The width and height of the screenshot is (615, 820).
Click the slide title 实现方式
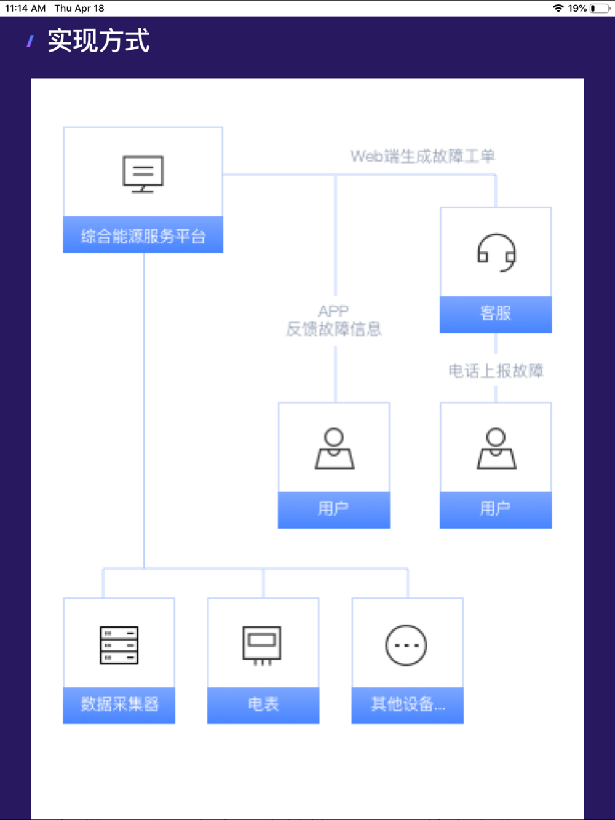pyautogui.click(x=98, y=41)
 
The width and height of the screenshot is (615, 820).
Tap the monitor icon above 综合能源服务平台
pyautogui.click(x=143, y=174)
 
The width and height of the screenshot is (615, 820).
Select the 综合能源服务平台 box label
pyautogui.click(x=143, y=236)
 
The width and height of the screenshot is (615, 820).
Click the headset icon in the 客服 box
pyautogui.click(x=496, y=252)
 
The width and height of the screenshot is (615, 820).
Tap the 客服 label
pyautogui.click(x=496, y=313)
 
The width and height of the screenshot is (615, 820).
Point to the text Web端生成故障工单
pyautogui.click(x=423, y=156)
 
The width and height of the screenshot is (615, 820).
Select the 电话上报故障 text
pyautogui.click(x=496, y=371)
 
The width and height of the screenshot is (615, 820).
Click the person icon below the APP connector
pyautogui.click(x=334, y=449)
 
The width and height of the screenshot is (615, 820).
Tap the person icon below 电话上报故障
pyautogui.click(x=496, y=449)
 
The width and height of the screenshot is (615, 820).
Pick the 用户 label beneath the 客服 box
pyautogui.click(x=496, y=509)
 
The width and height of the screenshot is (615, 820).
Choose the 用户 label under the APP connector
pyautogui.click(x=334, y=509)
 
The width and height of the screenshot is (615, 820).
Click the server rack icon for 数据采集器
pyautogui.click(x=119, y=645)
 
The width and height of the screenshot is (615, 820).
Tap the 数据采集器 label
pyautogui.click(x=119, y=704)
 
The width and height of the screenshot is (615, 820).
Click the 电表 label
pyautogui.click(x=263, y=704)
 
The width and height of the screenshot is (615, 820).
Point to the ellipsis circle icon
pyautogui.click(x=406, y=645)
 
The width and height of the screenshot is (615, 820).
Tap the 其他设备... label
pyautogui.click(x=408, y=704)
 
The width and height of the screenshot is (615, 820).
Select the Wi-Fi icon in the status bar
pyautogui.click(x=558, y=9)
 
